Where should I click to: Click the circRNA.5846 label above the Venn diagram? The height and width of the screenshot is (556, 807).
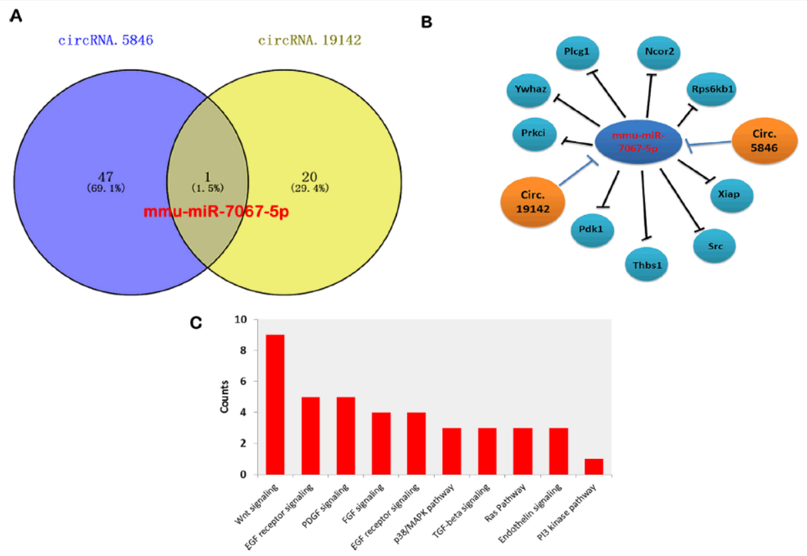pyautogui.click(x=106, y=40)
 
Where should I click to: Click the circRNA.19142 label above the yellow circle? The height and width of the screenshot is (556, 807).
pyautogui.click(x=310, y=40)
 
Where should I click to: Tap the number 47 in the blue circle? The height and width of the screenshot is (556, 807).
pyautogui.click(x=106, y=178)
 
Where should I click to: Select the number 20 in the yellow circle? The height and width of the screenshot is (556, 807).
pyautogui.click(x=309, y=178)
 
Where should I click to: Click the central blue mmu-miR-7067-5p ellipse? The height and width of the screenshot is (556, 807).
pyautogui.click(x=638, y=143)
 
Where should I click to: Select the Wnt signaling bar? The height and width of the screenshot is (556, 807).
pyautogui.click(x=275, y=405)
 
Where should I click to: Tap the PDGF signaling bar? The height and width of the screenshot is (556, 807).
pyautogui.click(x=345, y=435)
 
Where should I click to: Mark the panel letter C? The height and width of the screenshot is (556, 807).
pyautogui.click(x=196, y=323)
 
